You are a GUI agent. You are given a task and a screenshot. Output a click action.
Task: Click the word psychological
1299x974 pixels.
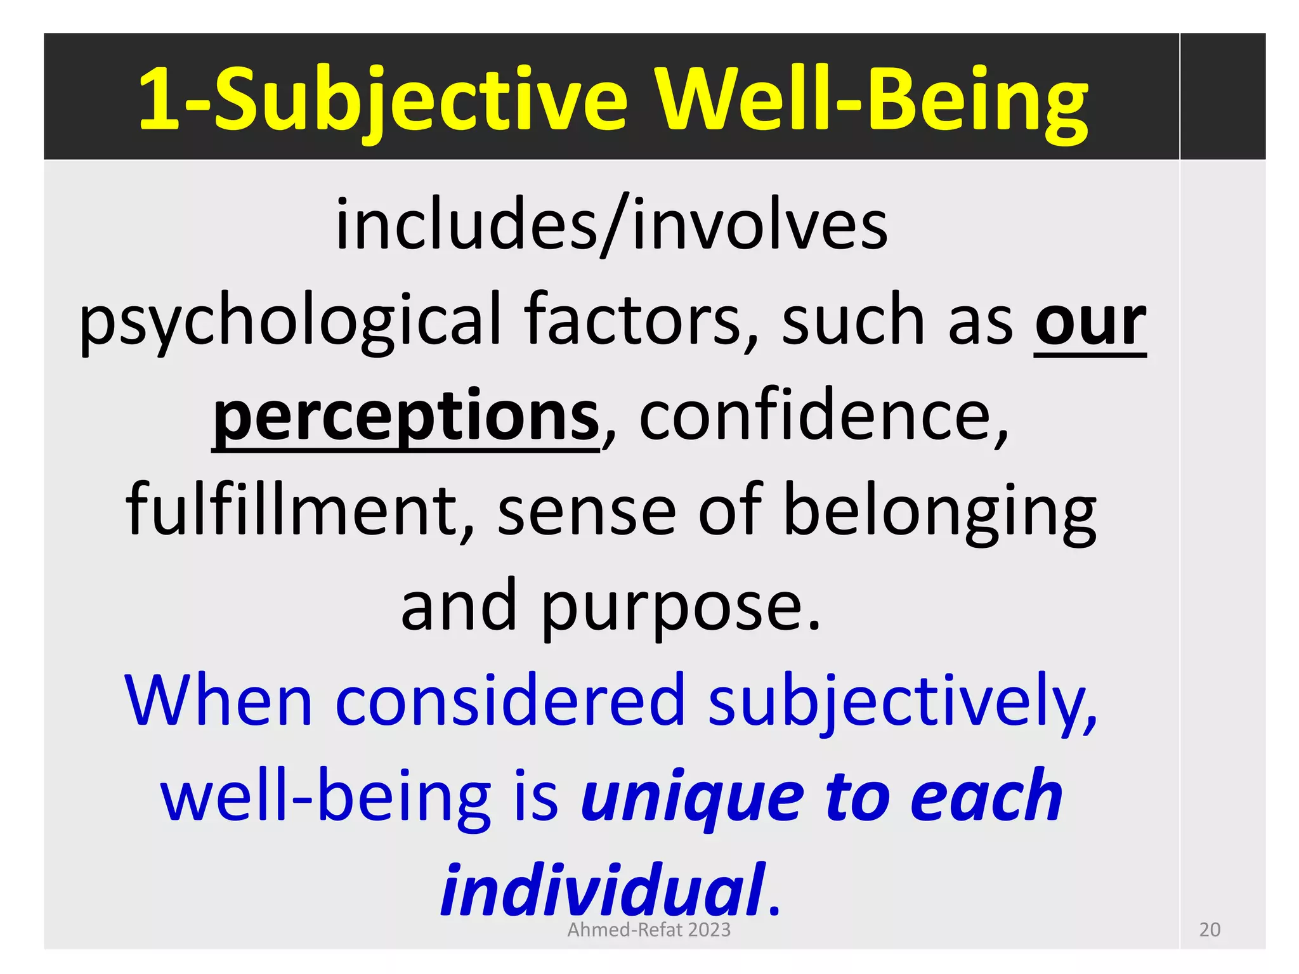(289, 320)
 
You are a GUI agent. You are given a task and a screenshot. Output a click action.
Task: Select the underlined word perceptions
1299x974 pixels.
(406, 416)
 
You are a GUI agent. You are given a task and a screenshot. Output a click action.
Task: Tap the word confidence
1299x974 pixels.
(822, 416)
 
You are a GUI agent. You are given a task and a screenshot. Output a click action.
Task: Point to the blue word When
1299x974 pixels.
(219, 701)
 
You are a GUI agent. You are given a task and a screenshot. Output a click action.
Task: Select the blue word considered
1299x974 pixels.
(510, 701)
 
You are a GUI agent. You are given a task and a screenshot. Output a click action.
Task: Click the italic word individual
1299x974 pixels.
(603, 891)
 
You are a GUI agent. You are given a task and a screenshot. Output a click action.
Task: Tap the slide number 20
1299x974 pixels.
(1210, 930)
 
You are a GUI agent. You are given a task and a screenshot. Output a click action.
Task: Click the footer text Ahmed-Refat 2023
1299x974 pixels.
(649, 930)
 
